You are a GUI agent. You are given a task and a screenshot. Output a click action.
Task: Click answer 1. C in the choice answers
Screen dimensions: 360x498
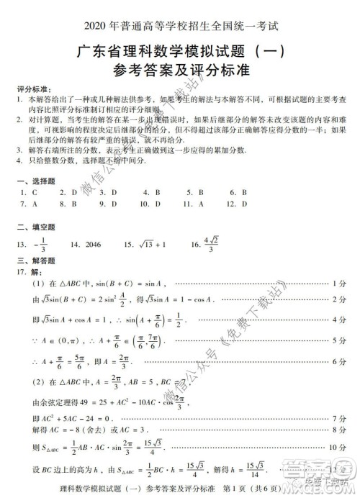click(x=29, y=193)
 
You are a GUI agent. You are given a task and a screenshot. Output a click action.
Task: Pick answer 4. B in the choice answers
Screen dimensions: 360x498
click(x=151, y=193)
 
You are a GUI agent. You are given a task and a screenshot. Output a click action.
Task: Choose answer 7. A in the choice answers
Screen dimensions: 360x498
click(x=29, y=204)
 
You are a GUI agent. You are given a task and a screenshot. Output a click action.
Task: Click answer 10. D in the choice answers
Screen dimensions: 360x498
click(x=150, y=204)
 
